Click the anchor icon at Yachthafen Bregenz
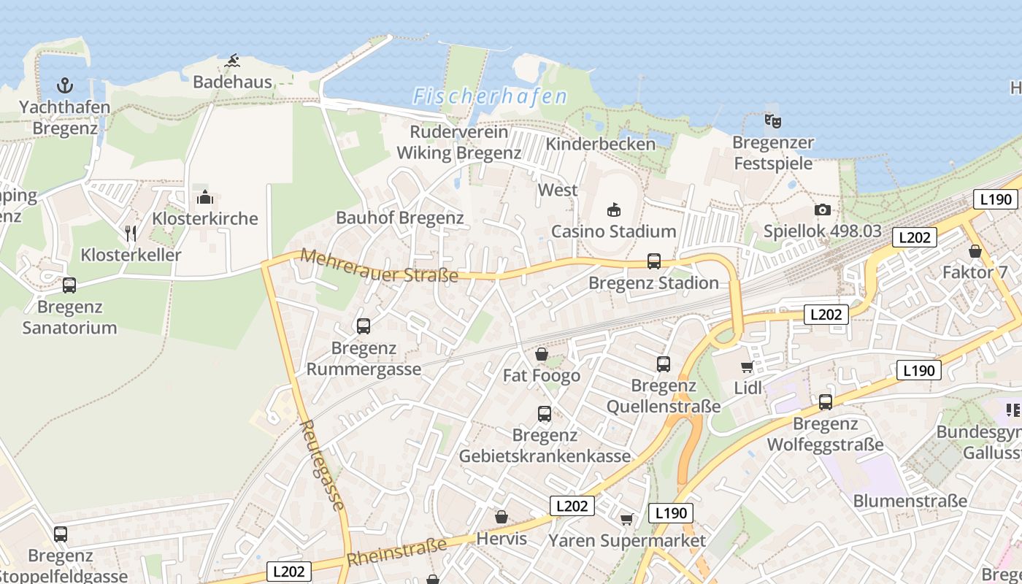pyautogui.click(x=65, y=85)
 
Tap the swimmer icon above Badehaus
pyautogui.click(x=232, y=61)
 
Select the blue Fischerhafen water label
pyautogui.click(x=490, y=96)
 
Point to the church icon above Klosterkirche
pyautogui.click(x=204, y=197)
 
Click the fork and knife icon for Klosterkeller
pyautogui.click(x=131, y=234)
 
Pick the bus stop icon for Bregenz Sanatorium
pyautogui.click(x=69, y=285)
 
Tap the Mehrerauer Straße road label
pyautogui.click(x=379, y=266)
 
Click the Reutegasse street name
pyautogui.click(x=322, y=464)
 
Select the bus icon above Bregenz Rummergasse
pyautogui.click(x=364, y=326)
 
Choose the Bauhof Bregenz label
pyautogui.click(x=399, y=218)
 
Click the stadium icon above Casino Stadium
pyautogui.click(x=613, y=210)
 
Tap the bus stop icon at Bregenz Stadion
pyautogui.click(x=654, y=261)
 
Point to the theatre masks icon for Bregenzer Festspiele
pyautogui.click(x=772, y=120)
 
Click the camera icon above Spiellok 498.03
pyautogui.click(x=823, y=210)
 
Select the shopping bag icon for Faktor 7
pyautogui.click(x=975, y=251)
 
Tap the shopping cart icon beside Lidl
pyautogui.click(x=747, y=367)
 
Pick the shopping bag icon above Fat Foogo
pyautogui.click(x=542, y=354)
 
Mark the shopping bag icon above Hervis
pyautogui.click(x=501, y=518)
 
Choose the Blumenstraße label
pyautogui.click(x=910, y=501)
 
